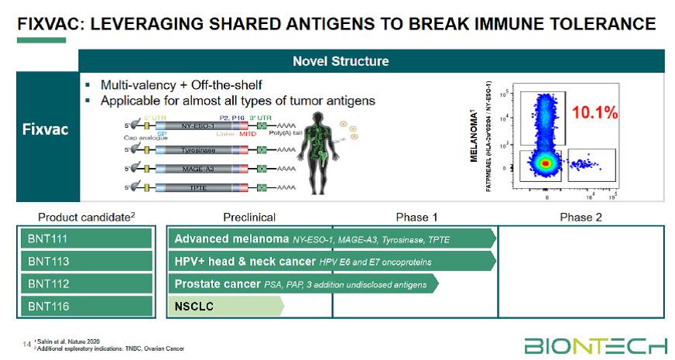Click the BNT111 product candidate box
coord(86,239)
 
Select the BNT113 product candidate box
coord(86,262)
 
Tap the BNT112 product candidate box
coord(86,284)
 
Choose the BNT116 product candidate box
coord(86,307)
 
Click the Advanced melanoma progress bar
coord(333,239)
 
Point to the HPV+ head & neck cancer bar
coord(333,262)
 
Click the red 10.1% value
coord(594,113)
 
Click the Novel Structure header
coord(341,61)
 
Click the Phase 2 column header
coord(581,218)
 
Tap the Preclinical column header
coord(249,218)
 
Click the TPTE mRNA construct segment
coord(197,187)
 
